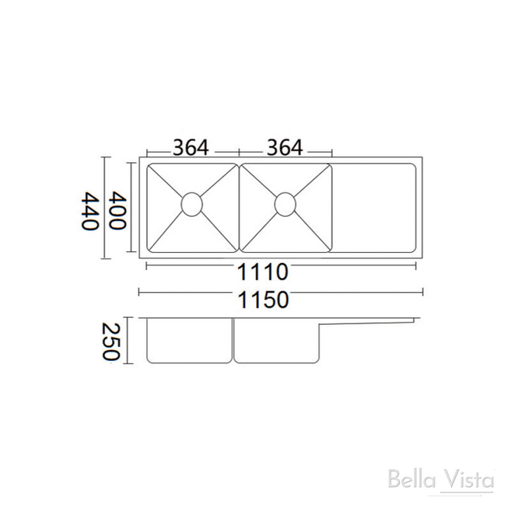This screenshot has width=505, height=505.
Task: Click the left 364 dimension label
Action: coord(191,148)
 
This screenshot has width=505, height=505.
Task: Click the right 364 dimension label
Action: coord(285,148)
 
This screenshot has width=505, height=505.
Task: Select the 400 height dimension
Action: coord(117,211)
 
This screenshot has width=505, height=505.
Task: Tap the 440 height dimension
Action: coord(89,211)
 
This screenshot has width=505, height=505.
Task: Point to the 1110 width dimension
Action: coord(263,272)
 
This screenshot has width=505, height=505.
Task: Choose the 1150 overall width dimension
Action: coord(263,300)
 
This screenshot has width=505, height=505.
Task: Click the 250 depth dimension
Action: coord(111,341)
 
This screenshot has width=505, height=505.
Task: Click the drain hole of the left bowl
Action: coord(192,204)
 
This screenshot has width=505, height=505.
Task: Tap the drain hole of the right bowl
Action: coord(285,204)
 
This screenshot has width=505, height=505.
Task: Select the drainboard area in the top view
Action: coord(373,208)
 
